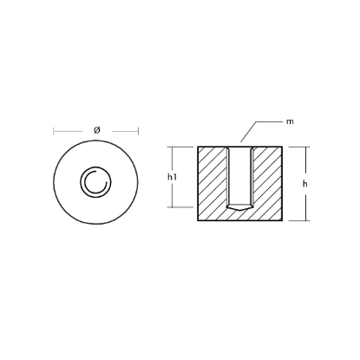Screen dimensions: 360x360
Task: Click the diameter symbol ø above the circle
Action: click(95, 129)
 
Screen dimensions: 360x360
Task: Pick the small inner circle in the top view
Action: click(95, 182)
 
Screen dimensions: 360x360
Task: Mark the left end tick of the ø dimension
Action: click(54, 131)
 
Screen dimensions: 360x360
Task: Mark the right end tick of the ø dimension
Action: click(138, 131)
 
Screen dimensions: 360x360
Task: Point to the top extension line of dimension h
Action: click(300, 147)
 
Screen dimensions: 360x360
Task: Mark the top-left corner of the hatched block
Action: click(200, 147)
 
